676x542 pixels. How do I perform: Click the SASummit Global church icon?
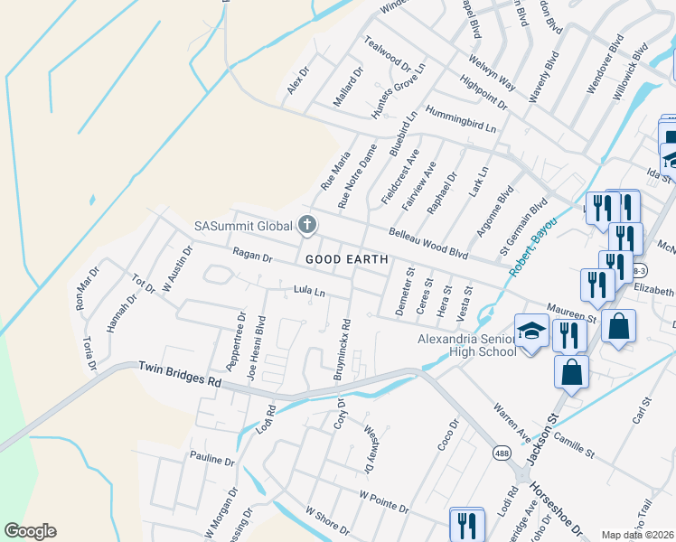(x=307, y=225)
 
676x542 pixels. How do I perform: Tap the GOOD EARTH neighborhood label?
(x=347, y=259)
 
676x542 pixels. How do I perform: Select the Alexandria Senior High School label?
(x=466, y=345)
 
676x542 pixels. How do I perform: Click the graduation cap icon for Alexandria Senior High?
(x=532, y=332)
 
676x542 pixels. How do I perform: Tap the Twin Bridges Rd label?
(x=180, y=375)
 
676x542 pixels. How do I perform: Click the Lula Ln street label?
(x=308, y=291)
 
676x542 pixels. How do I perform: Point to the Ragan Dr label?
(x=252, y=257)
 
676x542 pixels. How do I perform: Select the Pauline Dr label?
(x=211, y=459)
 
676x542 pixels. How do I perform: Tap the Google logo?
(x=31, y=531)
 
